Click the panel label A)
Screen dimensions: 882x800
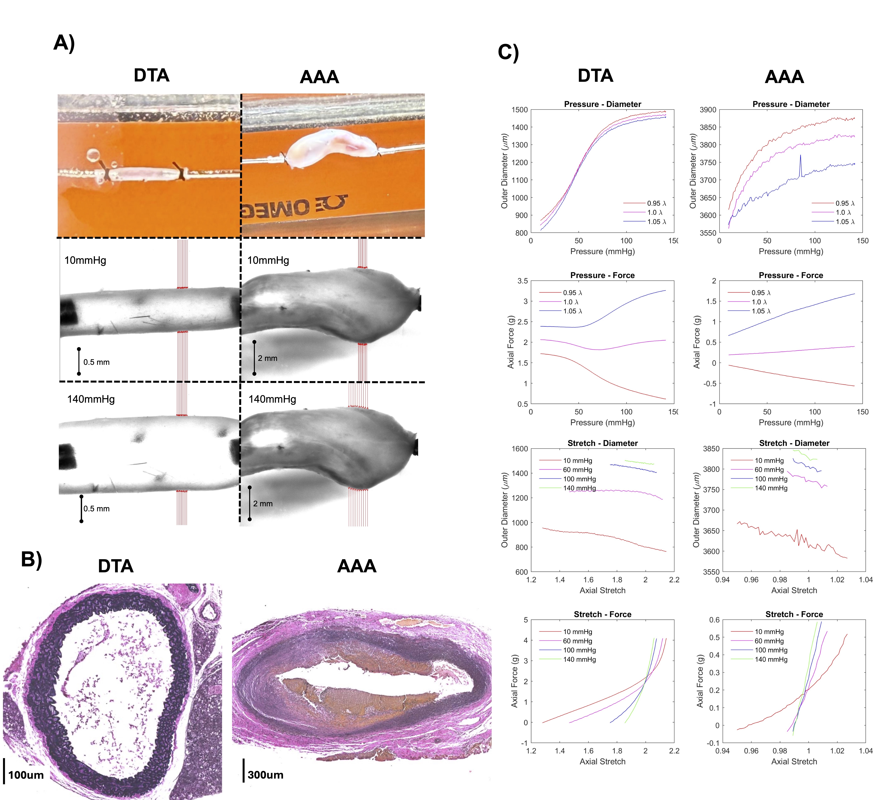click(64, 43)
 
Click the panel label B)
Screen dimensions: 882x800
click(31, 559)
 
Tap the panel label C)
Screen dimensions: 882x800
click(508, 53)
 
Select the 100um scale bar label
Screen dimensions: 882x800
click(26, 775)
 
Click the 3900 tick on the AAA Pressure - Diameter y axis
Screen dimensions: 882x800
click(708, 110)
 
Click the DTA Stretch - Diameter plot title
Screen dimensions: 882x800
click(602, 443)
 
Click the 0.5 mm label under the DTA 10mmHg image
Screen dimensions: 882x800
click(97, 362)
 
